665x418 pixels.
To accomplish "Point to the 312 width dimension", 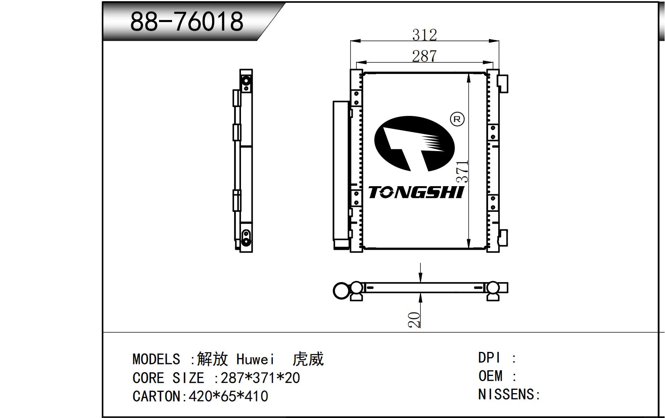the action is (424, 35).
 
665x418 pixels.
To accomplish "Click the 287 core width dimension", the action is (424, 56).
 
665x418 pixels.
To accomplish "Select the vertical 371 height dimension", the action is (462, 171).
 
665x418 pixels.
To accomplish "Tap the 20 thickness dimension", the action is (414, 320).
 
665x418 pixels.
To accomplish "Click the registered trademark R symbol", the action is (457, 119).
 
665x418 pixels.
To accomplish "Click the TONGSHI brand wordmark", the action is (416, 192).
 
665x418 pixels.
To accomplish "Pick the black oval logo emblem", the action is (414, 144).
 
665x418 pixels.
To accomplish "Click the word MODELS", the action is (156, 359).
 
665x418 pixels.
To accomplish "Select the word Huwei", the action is (255, 359).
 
